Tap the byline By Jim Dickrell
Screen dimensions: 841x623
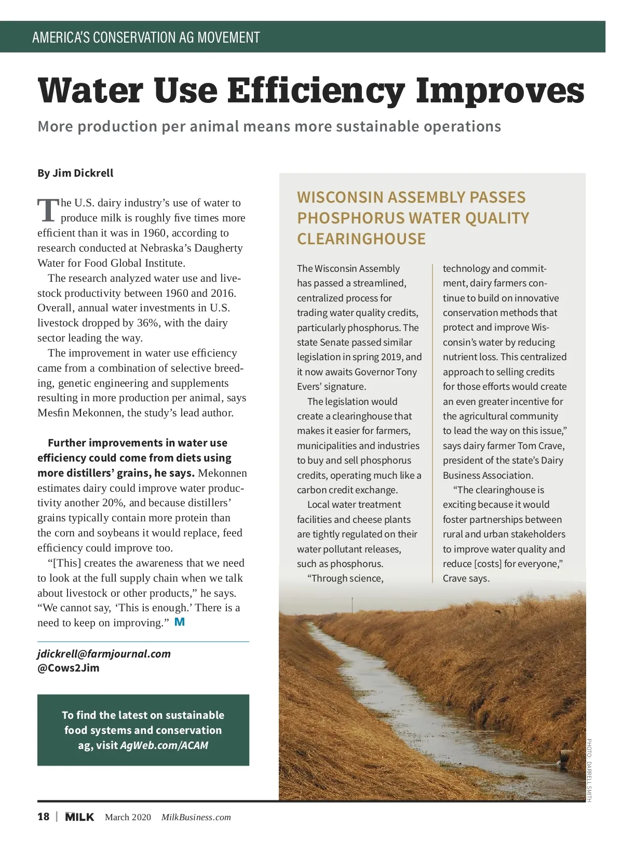pos(75,173)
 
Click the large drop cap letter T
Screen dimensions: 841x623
pos(48,210)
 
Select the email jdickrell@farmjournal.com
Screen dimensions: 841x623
pos(104,654)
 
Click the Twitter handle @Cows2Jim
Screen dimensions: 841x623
pos(69,668)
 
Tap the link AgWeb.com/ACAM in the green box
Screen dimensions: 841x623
pos(164,745)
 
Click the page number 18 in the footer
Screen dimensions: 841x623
pos(44,817)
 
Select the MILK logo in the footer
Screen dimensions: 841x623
pos(79,817)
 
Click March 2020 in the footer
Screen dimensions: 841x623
pos(128,817)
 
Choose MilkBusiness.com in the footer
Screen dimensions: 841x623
pos(196,817)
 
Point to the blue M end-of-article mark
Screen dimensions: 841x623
pos(180,622)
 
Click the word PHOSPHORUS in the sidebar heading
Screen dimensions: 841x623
pos(350,218)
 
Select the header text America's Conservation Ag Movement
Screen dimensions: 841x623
pos(146,37)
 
